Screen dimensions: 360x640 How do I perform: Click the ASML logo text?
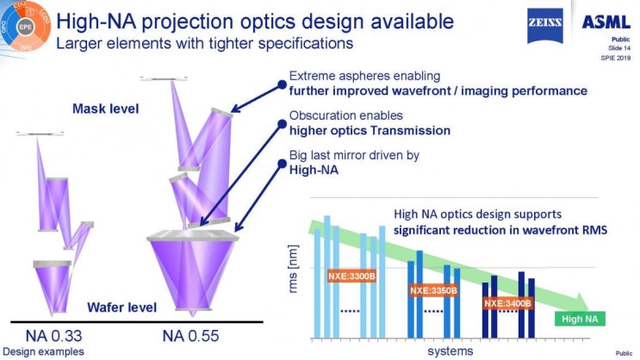[x=608, y=22]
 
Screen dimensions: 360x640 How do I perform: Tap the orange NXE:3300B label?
[x=352, y=276]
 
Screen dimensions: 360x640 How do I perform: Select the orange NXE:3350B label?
[x=432, y=290]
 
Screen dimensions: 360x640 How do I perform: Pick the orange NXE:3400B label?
[x=506, y=303]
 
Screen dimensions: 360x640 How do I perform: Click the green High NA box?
[x=579, y=319]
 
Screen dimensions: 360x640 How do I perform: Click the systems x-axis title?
[x=449, y=351]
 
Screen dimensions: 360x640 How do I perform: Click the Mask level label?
[x=100, y=109]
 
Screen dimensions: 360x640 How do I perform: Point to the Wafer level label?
[x=121, y=307]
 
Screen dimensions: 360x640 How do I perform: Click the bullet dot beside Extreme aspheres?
[x=280, y=84]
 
